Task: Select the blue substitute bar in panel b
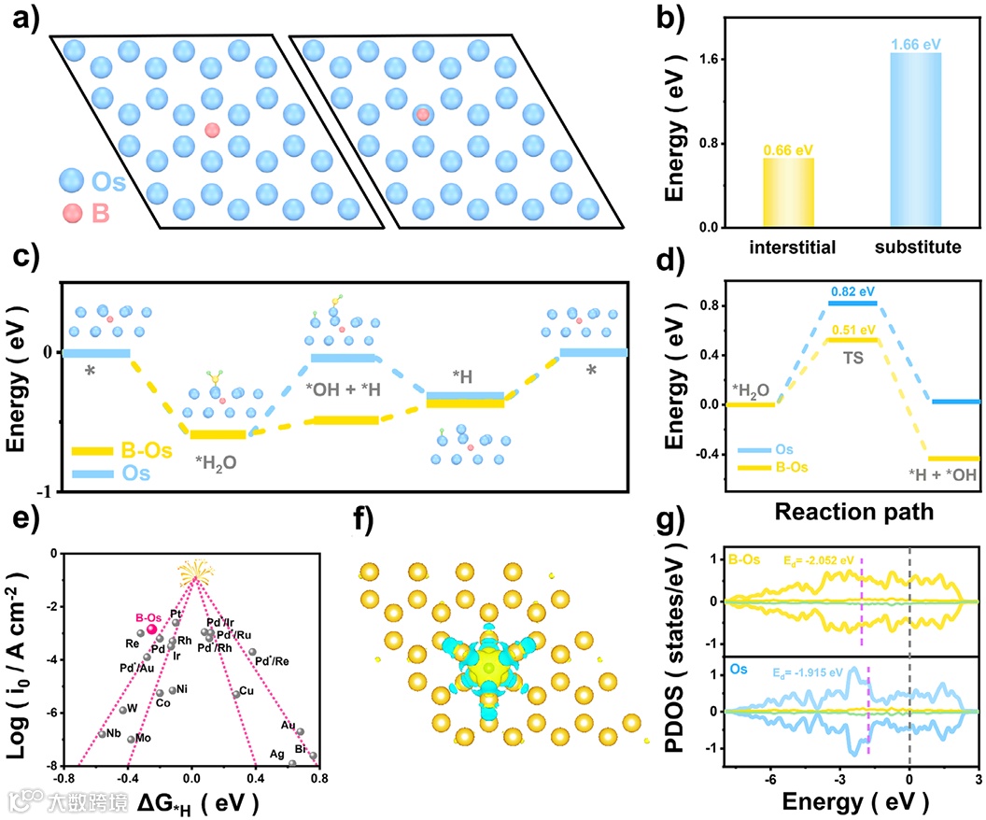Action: pyautogui.click(x=915, y=140)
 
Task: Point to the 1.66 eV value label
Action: pyautogui.click(x=915, y=43)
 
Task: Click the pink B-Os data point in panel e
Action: pyautogui.click(x=151, y=630)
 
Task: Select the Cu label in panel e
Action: pyautogui.click(x=246, y=692)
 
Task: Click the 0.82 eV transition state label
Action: pyautogui.click(x=852, y=291)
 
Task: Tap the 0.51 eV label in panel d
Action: pyautogui.click(x=852, y=330)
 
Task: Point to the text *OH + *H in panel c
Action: pyautogui.click(x=342, y=387)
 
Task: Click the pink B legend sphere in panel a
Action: pyautogui.click(x=72, y=215)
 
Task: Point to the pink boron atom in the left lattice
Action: pyautogui.click(x=213, y=130)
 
